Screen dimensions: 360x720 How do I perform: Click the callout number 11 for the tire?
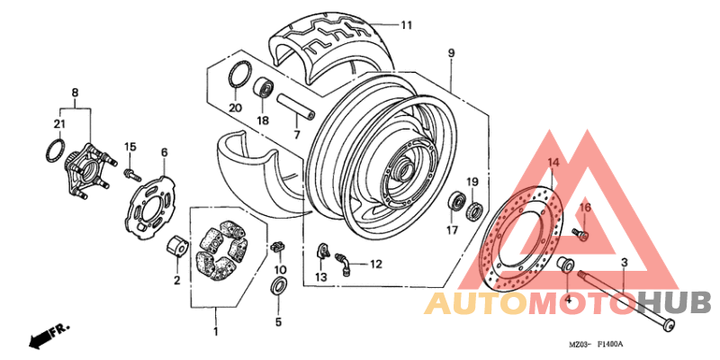[x=407, y=25]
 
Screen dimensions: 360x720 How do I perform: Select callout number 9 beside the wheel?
[x=451, y=53]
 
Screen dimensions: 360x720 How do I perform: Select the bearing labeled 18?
[x=264, y=89]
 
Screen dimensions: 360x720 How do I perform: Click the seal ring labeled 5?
[x=279, y=287]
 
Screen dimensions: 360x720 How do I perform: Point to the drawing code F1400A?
[x=608, y=345]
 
